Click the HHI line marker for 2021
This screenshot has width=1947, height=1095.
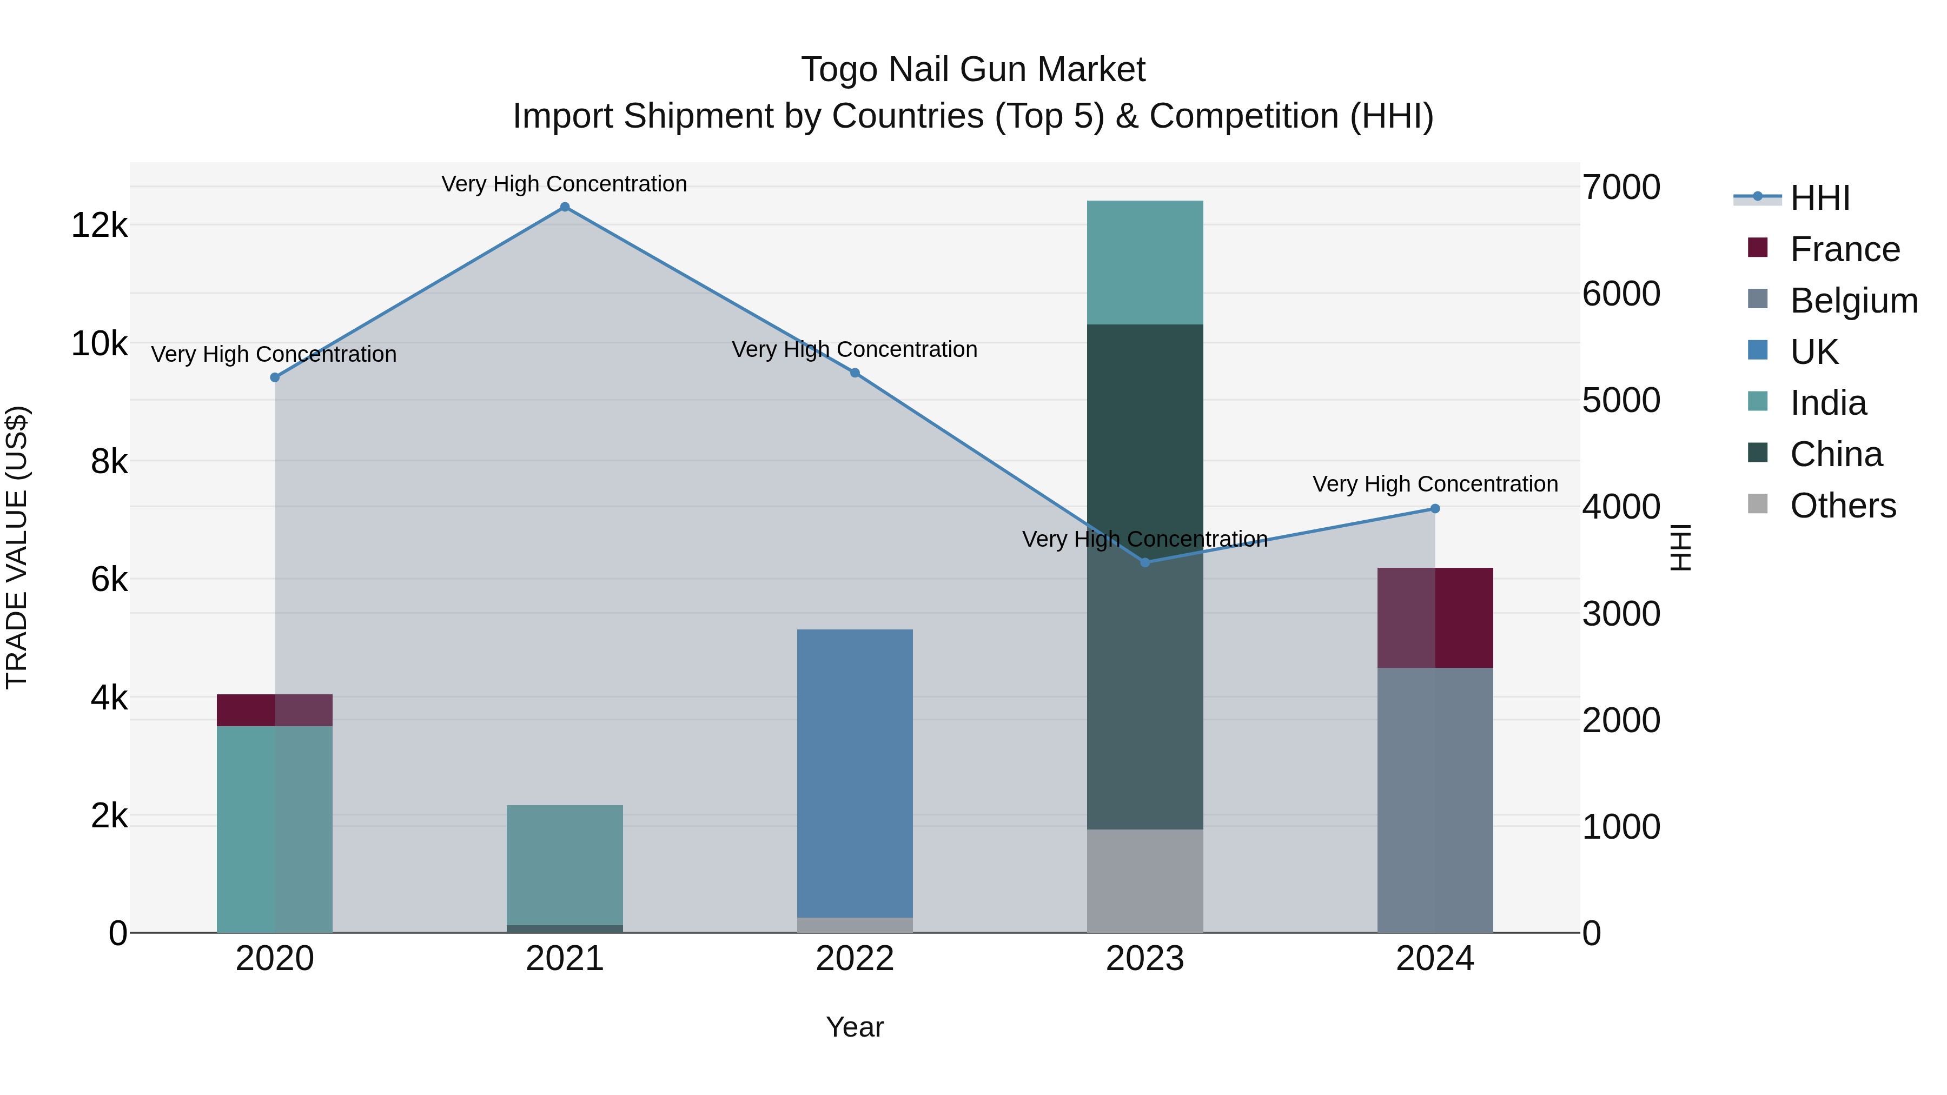[x=565, y=207]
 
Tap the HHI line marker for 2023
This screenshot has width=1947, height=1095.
[x=1144, y=562]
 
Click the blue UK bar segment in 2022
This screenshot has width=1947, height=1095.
[x=855, y=771]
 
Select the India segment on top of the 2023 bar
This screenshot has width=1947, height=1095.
[x=1144, y=262]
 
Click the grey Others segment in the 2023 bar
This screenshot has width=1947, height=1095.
[x=1144, y=880]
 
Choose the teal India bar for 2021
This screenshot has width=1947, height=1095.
[x=565, y=865]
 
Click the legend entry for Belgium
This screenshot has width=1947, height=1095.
[x=1853, y=301]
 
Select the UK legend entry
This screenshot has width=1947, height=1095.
[x=1813, y=352]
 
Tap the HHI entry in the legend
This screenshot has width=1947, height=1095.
[x=1819, y=198]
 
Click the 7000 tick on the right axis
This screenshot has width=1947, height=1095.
[x=1621, y=188]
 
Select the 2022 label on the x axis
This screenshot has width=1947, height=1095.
[x=855, y=959]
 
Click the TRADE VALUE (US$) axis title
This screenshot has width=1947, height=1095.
[x=17, y=547]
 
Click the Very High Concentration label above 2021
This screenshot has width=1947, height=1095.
[x=564, y=184]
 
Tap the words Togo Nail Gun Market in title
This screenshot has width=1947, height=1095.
[x=973, y=70]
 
